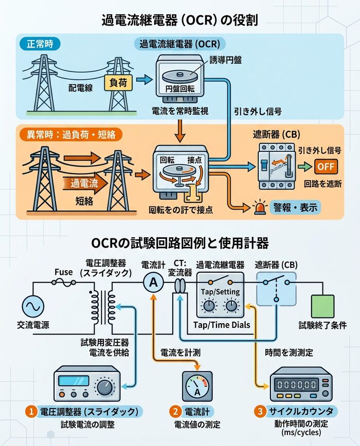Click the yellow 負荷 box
tap(115, 82)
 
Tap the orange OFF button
tap(325, 167)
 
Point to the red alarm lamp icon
tap(259, 208)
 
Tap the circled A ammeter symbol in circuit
tap(153, 283)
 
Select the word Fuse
tap(64, 272)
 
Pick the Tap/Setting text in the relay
tap(220, 292)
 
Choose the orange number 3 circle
tap(260, 411)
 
